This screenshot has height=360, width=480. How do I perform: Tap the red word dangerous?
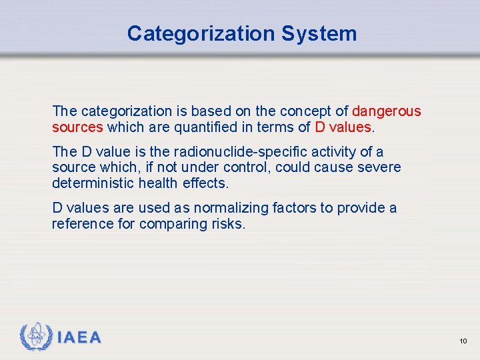[x=387, y=111]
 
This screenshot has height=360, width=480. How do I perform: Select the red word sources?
[x=77, y=127]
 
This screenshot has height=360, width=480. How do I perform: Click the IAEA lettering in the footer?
[x=79, y=338]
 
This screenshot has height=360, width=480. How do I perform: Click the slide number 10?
[x=463, y=341]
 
